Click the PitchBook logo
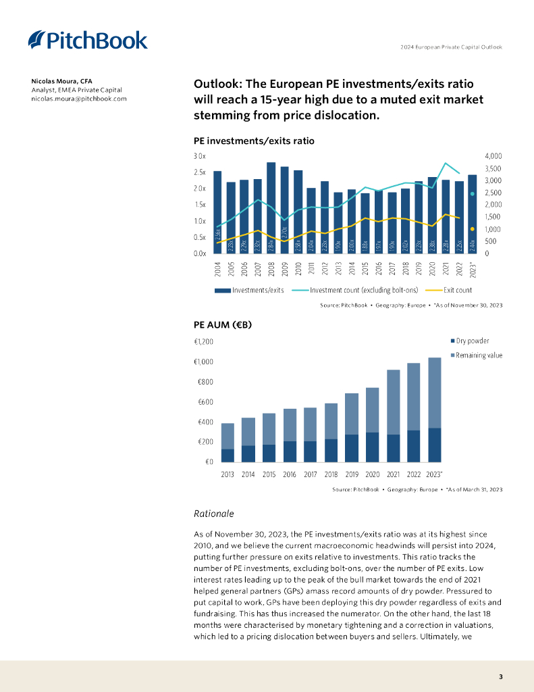[88, 41]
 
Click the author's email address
[78, 99]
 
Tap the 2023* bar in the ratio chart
[473, 214]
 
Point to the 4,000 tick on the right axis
[493, 156]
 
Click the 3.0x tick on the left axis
[200, 156]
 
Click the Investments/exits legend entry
[249, 290]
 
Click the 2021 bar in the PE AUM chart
[393, 416]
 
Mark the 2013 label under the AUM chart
[228, 474]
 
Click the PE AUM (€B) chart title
[223, 325]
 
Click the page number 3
[500, 676]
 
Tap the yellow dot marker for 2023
[473, 228]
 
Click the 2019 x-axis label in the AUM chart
[352, 474]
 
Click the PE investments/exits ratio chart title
[254, 141]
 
